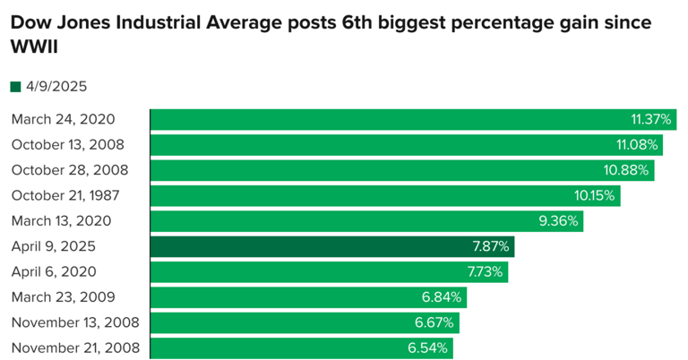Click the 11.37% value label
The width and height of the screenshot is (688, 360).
pyautogui.click(x=651, y=119)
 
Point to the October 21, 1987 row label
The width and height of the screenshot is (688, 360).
pyautogui.click(x=64, y=195)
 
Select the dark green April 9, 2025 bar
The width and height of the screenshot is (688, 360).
pyautogui.click(x=332, y=246)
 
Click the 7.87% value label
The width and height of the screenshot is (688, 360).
pyautogui.click(x=491, y=246)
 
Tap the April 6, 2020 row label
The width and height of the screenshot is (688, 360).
pyautogui.click(x=53, y=271)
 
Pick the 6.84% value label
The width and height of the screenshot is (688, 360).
pyautogui.click(x=443, y=296)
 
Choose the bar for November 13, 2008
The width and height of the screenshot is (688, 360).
pyautogui.click(x=305, y=322)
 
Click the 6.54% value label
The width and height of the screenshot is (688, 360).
pyautogui.click(x=428, y=347)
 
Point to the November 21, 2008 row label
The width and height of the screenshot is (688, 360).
pyautogui.click(x=76, y=347)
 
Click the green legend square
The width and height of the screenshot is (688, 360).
pyautogui.click(x=15, y=87)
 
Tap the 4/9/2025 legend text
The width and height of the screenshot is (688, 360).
pyautogui.click(x=56, y=87)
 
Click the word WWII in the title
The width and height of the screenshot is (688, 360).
pyautogui.click(x=34, y=45)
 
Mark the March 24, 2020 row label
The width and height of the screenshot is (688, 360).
pyautogui.click(x=63, y=119)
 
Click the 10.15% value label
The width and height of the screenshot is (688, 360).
pyautogui.click(x=595, y=195)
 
